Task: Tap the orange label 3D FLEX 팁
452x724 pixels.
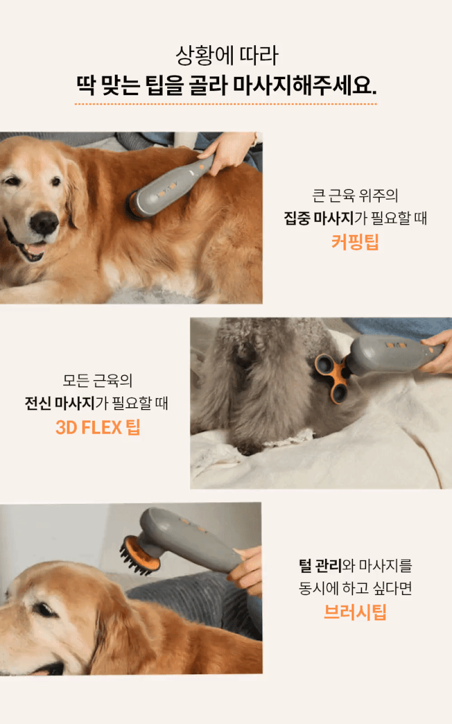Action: (x=98, y=427)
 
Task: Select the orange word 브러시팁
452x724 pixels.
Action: (x=355, y=612)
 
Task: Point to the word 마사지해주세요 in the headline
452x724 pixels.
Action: (x=305, y=85)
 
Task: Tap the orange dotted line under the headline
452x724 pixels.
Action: (x=226, y=104)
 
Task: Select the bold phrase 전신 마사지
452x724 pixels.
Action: (x=60, y=403)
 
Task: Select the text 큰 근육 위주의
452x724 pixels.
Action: (x=355, y=195)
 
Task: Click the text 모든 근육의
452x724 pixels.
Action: (x=98, y=381)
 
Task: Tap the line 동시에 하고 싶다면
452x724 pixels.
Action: (x=355, y=588)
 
